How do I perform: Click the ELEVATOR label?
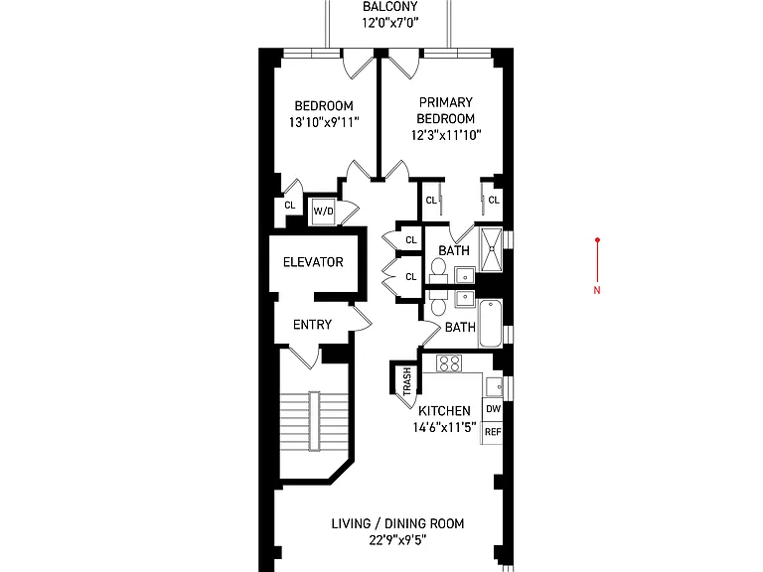point(313,262)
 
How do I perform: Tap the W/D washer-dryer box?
point(324,212)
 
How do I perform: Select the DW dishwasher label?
point(493,409)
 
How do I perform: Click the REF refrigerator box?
point(493,432)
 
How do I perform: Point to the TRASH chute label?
point(406,381)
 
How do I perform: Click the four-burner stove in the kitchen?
point(449,363)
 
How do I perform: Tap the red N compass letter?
point(597,290)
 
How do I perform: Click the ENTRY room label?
point(312,325)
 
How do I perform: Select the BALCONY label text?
point(389,6)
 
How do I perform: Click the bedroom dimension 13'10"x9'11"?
point(324,122)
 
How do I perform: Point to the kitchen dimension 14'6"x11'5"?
point(444,428)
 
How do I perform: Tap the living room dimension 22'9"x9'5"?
point(397,540)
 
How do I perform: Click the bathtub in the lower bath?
point(490,324)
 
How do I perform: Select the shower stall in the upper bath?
point(492,248)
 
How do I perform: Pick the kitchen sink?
point(495,386)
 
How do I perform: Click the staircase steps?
point(314,422)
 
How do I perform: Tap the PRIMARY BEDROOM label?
point(446,110)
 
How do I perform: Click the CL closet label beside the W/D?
point(290,206)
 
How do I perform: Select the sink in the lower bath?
point(465,298)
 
